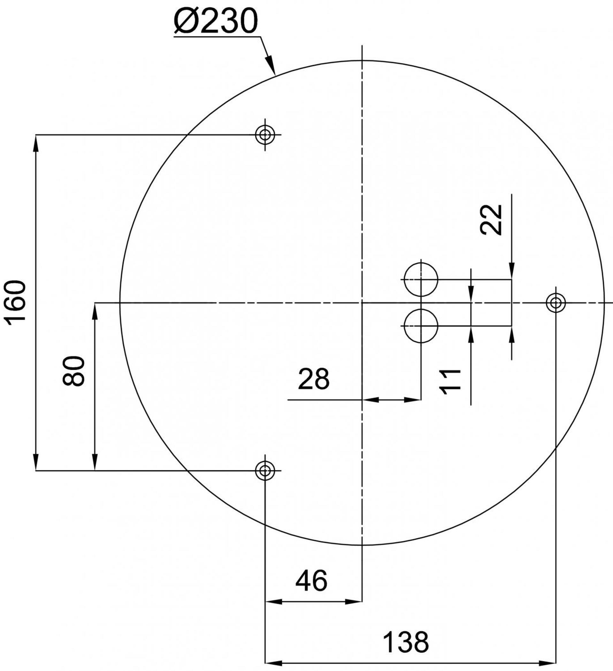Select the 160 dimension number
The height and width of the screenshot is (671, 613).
[15, 303]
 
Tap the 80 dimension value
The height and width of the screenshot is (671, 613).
[73, 371]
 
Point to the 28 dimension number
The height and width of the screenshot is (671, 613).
[313, 378]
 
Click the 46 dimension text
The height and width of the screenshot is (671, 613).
[311, 581]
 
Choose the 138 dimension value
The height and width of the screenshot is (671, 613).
[406, 641]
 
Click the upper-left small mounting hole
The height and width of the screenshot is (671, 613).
[265, 135]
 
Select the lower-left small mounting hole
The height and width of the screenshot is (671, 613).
[265, 471]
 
